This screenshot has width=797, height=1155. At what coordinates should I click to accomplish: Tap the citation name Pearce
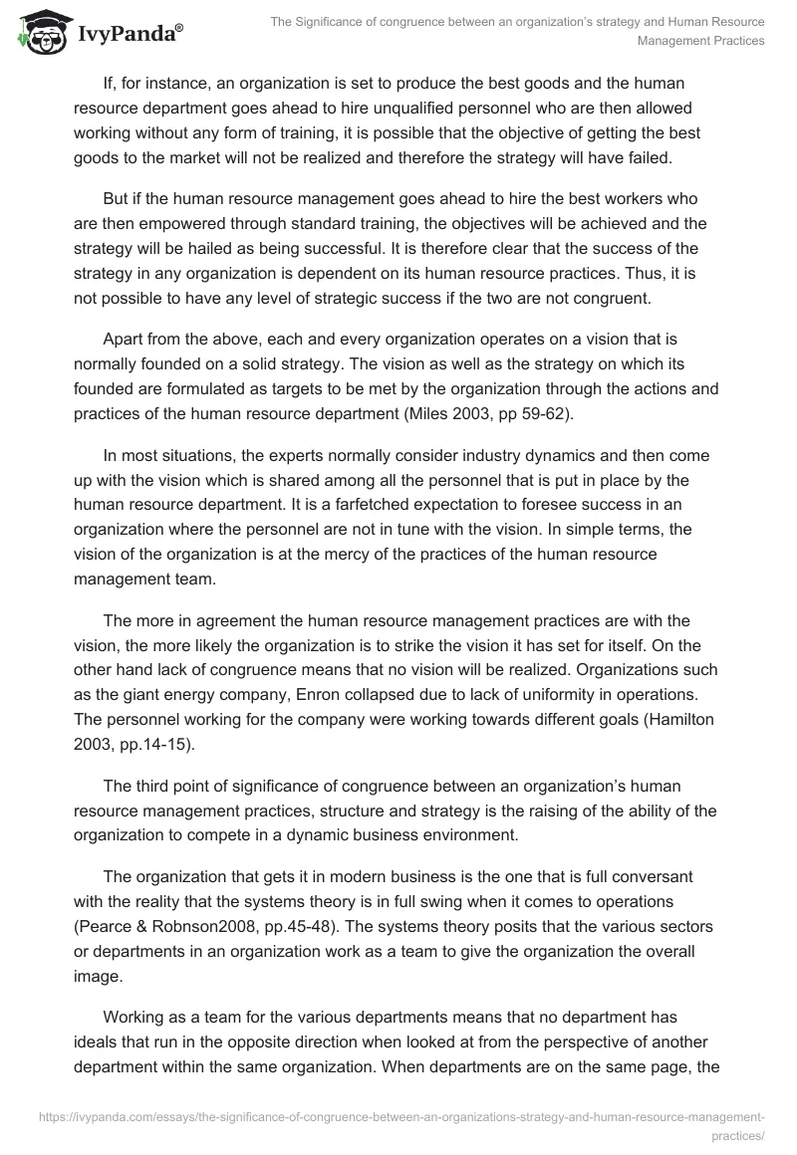[x=106, y=925]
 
